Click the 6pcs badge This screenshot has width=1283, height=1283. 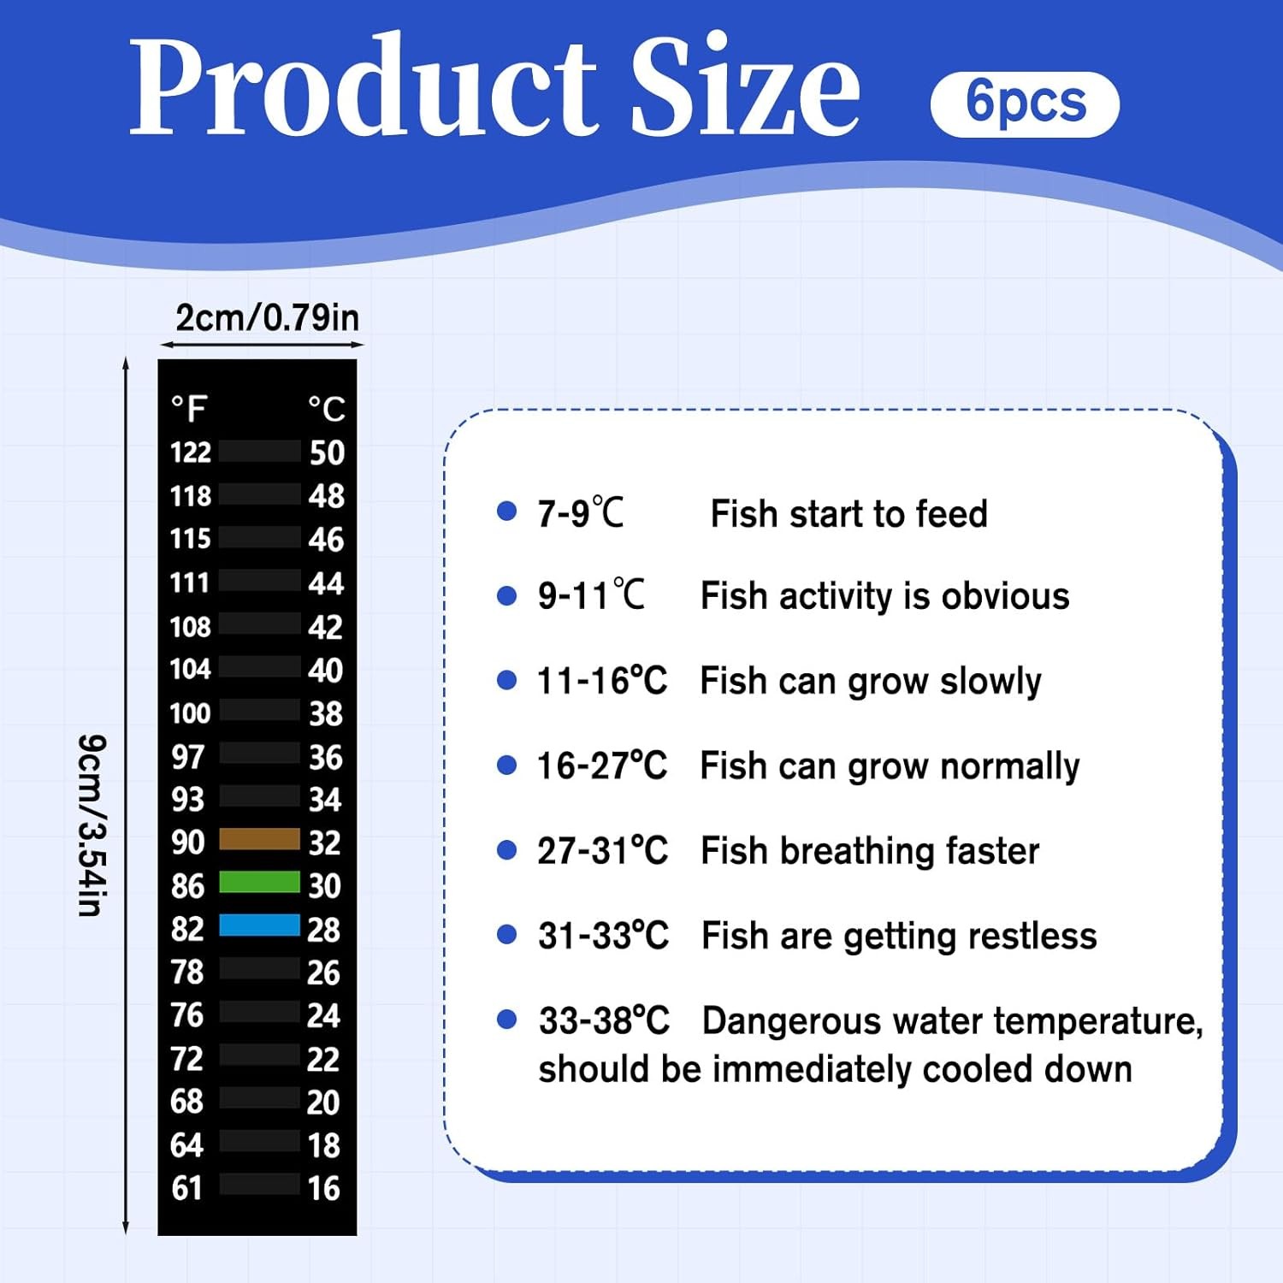1025,104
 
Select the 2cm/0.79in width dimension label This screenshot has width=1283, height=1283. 267,317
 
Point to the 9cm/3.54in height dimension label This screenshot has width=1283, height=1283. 91,825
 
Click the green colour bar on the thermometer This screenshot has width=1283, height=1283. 259,882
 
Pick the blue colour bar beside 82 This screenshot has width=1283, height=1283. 259,925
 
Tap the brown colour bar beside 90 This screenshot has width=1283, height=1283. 259,839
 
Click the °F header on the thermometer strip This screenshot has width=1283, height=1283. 189,409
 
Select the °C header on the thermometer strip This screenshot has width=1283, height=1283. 327,409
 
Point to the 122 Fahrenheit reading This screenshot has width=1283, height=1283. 191,452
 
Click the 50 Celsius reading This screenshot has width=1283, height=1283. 327,452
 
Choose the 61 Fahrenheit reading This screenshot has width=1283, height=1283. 187,1188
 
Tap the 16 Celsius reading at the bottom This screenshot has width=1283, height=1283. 324,1188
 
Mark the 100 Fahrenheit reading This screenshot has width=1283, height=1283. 190,712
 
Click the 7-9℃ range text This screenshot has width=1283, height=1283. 580,513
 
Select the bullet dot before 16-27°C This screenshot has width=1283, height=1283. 507,765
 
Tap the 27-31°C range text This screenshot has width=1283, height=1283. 602,851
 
